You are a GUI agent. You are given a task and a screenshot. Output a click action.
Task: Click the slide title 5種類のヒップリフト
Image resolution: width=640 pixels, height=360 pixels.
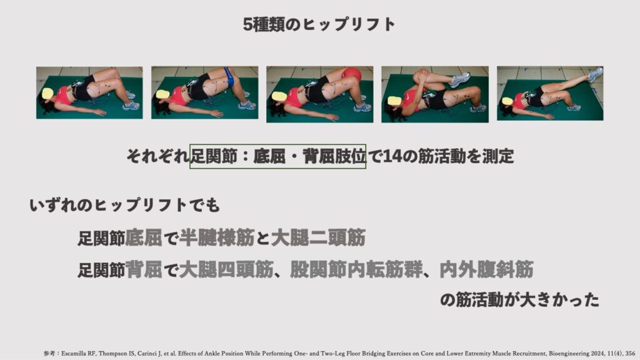point(319,24)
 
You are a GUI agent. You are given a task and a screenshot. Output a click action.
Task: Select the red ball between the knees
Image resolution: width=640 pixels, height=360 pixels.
point(351,75)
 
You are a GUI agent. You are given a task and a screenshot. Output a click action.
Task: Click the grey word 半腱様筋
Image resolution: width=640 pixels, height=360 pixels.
point(217,237)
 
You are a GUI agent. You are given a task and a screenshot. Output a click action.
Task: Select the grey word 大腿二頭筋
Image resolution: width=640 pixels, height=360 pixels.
point(318,237)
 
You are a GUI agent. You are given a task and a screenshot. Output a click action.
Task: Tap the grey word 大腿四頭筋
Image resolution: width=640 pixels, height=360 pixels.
point(226,269)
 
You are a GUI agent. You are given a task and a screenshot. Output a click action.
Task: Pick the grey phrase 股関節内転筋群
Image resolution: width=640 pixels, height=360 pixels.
point(356,269)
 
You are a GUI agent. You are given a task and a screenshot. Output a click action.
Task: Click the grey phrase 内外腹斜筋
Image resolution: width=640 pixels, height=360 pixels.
point(486,269)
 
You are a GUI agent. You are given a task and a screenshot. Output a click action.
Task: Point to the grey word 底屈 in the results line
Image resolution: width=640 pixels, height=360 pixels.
point(144,237)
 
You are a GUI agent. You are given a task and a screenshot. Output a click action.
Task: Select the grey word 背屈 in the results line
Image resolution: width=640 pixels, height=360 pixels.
point(144,269)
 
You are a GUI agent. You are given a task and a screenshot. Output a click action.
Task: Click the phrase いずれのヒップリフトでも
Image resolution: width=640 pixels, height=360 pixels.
point(125,205)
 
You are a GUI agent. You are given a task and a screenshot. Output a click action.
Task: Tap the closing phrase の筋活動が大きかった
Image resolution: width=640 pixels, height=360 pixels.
point(519,300)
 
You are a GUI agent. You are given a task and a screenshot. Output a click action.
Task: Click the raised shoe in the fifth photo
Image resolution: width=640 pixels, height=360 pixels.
point(595,74)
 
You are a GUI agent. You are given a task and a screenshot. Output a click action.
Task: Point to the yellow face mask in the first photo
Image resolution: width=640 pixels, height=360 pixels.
point(47,94)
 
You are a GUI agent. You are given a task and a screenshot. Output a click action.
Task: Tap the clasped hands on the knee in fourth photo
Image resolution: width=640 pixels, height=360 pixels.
point(422,77)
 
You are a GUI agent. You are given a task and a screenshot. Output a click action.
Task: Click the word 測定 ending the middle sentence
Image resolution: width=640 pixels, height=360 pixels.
point(498,156)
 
